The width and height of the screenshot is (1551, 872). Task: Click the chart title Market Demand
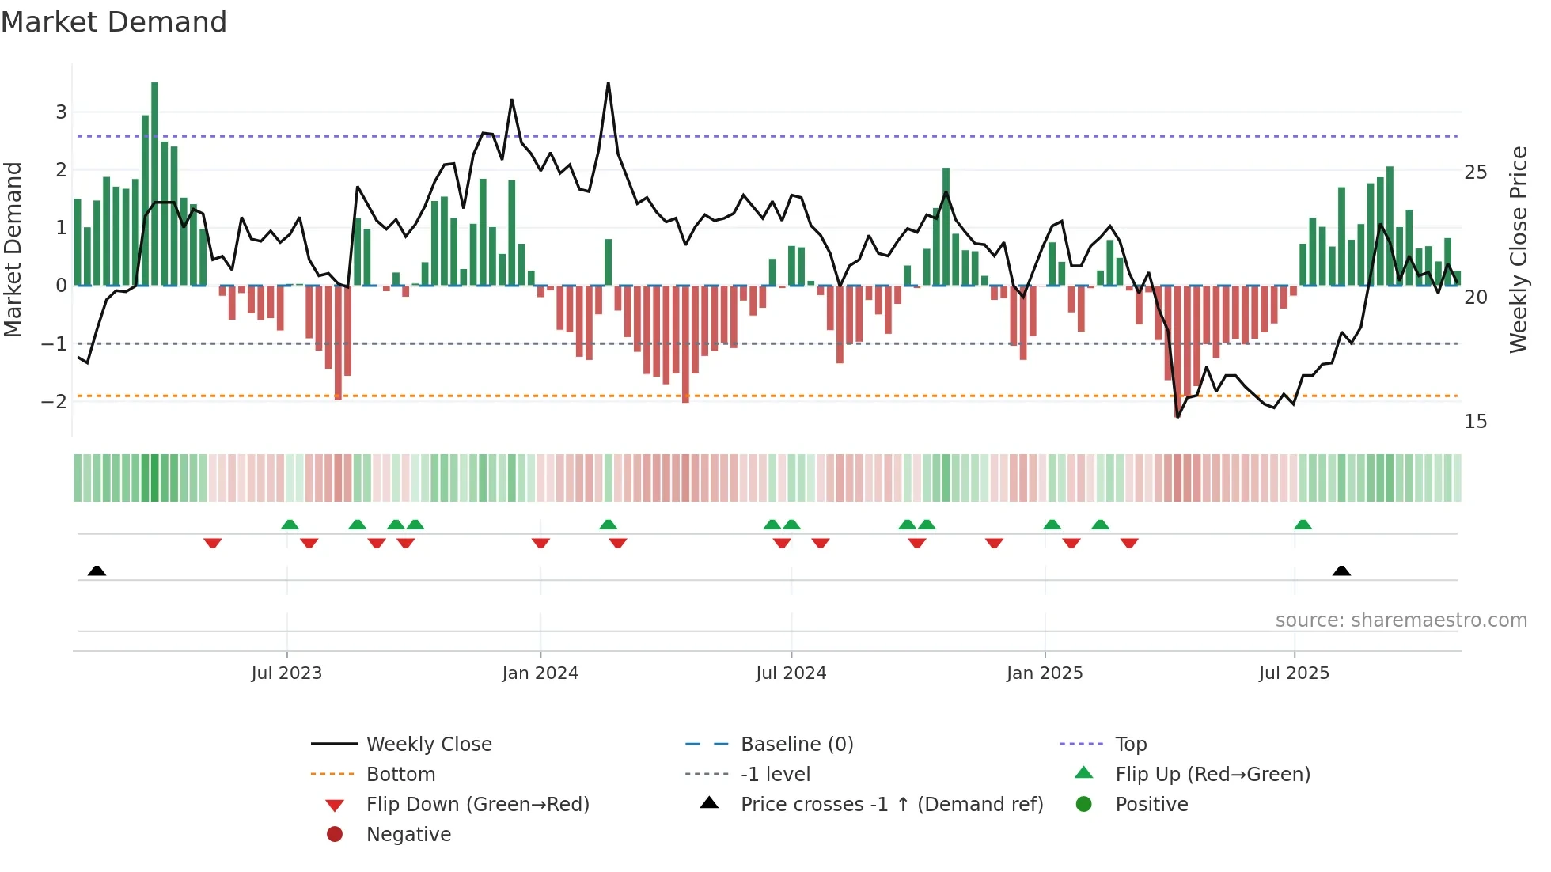tap(114, 22)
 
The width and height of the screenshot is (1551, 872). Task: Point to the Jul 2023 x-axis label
tap(286, 673)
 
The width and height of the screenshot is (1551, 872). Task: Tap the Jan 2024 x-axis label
tap(540, 673)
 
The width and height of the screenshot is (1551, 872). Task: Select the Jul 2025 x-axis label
tap(1295, 673)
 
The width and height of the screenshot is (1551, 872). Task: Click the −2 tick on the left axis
tap(55, 401)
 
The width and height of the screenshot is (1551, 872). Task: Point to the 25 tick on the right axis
tap(1476, 173)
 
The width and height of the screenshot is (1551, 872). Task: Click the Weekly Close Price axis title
tap(1518, 249)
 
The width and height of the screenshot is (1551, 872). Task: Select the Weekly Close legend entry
tap(428, 745)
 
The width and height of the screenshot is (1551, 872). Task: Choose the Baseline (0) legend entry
tap(796, 745)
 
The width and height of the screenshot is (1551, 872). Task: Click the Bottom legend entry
tap(400, 775)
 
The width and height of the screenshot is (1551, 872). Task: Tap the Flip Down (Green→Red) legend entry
tap(477, 805)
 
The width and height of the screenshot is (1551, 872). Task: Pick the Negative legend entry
tap(408, 835)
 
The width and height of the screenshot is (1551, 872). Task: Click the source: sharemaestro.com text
tap(1401, 620)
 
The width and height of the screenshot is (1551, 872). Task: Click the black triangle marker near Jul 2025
tap(1341, 571)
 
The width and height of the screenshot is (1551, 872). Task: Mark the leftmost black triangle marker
tap(97, 571)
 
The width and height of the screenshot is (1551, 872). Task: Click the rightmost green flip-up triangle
tap(1303, 525)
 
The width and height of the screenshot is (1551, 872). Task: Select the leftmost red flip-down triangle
tap(212, 543)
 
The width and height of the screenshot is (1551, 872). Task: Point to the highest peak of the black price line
tap(608, 84)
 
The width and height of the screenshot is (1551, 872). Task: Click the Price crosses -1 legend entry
tap(891, 805)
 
